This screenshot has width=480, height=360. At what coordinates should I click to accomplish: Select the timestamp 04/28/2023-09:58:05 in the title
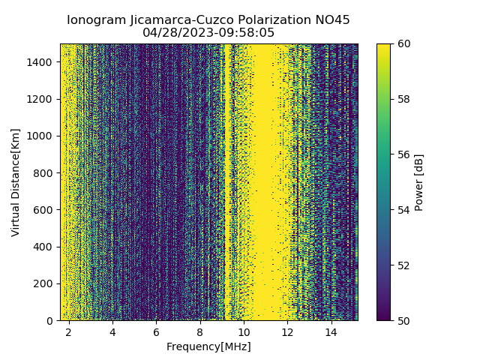pyautogui.click(x=208, y=33)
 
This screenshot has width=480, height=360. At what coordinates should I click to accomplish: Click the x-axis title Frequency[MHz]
pyautogui.click(x=208, y=346)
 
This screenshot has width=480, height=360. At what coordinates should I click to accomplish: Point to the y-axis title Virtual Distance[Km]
pyautogui.click(x=16, y=182)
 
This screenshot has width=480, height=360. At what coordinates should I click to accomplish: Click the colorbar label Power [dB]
pyautogui.click(x=419, y=182)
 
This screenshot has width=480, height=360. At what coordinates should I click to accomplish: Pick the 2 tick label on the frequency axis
pyautogui.click(x=69, y=331)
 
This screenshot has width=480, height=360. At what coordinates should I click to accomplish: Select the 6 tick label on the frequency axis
pyautogui.click(x=157, y=331)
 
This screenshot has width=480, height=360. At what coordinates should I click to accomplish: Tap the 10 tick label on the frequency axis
pyautogui.click(x=244, y=331)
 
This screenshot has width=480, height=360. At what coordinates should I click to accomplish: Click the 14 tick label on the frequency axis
pyautogui.click(x=331, y=331)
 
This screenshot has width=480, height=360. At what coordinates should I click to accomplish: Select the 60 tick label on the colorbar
pyautogui.click(x=403, y=43)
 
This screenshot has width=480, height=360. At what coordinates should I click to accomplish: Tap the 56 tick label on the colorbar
pyautogui.click(x=403, y=154)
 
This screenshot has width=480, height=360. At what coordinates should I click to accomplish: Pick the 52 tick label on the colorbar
pyautogui.click(x=403, y=265)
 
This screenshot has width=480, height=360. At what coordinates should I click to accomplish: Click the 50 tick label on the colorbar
pyautogui.click(x=403, y=320)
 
